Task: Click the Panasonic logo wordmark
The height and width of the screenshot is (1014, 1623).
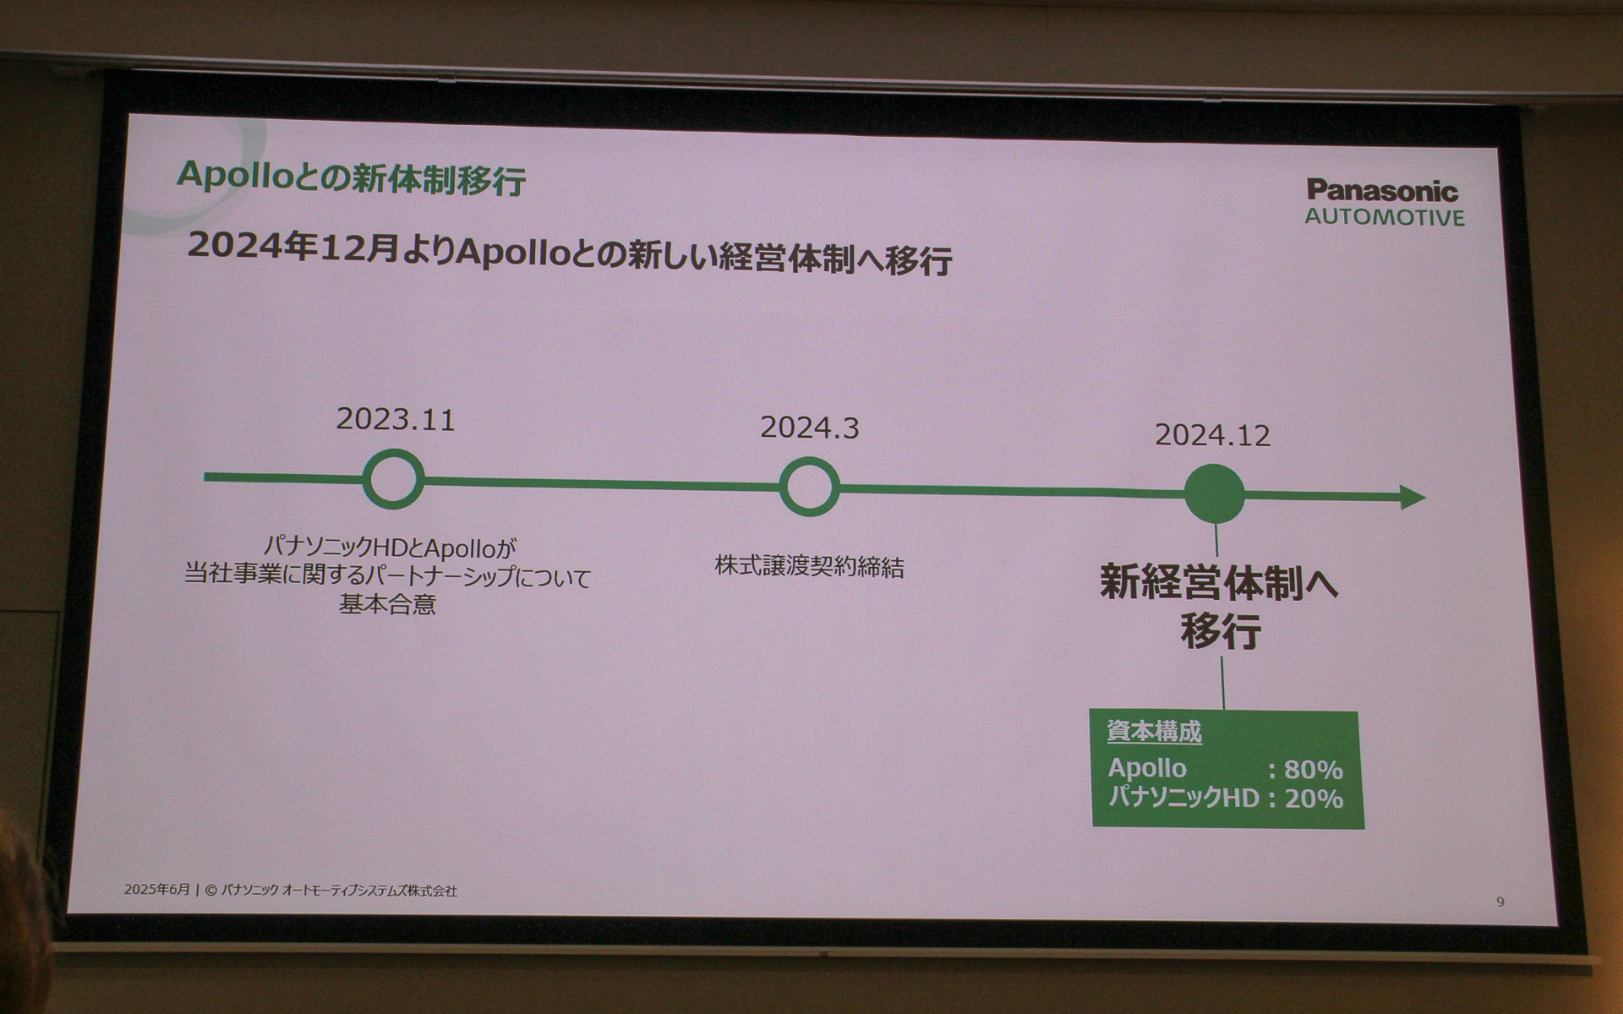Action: tap(1382, 190)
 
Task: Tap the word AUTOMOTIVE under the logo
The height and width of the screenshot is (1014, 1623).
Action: tap(1384, 217)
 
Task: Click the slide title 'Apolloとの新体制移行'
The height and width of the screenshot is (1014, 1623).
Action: tap(351, 177)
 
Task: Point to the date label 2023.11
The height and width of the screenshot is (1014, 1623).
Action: tap(396, 419)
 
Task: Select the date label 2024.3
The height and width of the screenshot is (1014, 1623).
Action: tap(809, 428)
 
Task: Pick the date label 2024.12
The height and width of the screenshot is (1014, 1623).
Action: tap(1212, 435)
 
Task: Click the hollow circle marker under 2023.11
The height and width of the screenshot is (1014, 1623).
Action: tap(393, 479)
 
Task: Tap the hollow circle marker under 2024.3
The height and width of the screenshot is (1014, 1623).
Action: tap(808, 487)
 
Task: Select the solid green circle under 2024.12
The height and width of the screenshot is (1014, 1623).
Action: tap(1214, 493)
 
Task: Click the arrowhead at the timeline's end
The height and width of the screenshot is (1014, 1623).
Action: tap(1413, 497)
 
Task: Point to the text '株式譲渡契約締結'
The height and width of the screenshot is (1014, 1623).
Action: tap(809, 566)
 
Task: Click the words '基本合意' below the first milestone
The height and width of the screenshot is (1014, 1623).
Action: tap(387, 605)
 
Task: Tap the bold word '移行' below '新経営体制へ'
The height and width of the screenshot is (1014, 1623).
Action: tap(1221, 631)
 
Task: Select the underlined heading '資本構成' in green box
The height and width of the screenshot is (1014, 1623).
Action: tap(1154, 732)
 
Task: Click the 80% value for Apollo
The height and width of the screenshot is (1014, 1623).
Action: tap(1313, 770)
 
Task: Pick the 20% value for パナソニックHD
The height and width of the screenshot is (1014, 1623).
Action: tap(1313, 799)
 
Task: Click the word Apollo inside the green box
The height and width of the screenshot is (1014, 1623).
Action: tap(1147, 768)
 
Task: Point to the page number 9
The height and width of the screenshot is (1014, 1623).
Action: tap(1500, 902)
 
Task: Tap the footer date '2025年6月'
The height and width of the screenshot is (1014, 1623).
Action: tap(157, 890)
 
